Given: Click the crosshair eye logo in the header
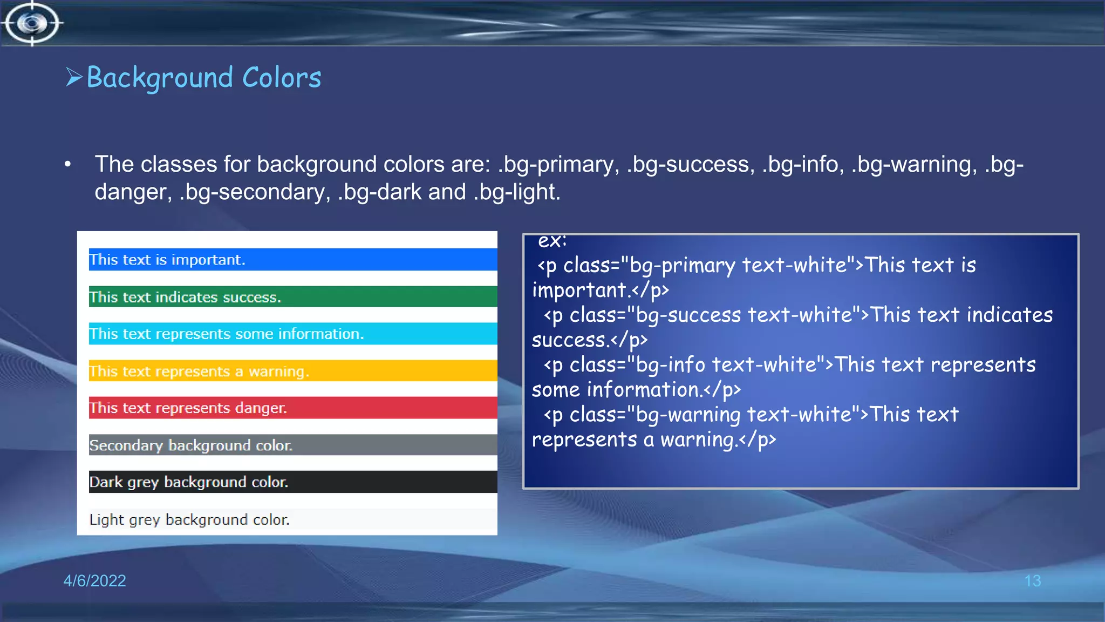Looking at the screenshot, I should tap(31, 23).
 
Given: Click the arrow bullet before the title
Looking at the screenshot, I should tap(74, 77).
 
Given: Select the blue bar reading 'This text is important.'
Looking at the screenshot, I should tap(292, 260).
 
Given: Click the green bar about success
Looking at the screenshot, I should tap(292, 297).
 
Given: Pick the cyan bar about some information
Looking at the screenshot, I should tap(292, 334).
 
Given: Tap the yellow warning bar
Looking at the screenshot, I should tap(292, 371).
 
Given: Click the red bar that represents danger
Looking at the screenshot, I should tap(292, 408).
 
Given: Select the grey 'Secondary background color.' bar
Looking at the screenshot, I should tap(292, 445).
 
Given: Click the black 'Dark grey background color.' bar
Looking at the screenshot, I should tap(292, 482).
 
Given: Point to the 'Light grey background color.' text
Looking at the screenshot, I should tap(189, 519).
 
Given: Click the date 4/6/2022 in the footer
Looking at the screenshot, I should tap(94, 580).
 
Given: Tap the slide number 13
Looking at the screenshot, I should tap(1032, 581).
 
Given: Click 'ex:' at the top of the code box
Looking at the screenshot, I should tap(552, 241).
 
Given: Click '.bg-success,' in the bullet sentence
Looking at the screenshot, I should tap(690, 165).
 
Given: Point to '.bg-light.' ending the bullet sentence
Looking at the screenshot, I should tap(516, 192).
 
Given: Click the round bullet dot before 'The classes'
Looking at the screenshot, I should tap(67, 164).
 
